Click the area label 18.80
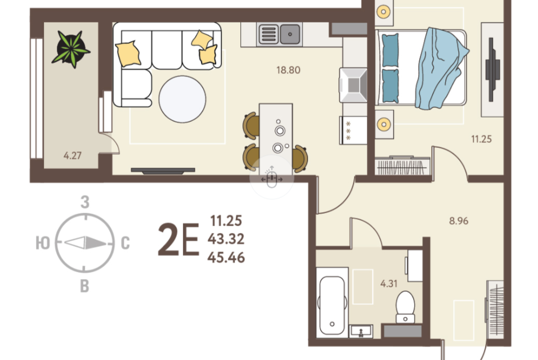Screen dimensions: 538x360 coord(288,70)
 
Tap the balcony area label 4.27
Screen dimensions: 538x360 coord(73,156)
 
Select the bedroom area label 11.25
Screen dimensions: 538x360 coord(481,139)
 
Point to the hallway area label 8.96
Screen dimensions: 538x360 coord(459,221)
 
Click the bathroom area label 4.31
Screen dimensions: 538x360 coord(389,283)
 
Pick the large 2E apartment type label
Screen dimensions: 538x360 coord(178,240)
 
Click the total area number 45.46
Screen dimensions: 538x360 coord(226,258)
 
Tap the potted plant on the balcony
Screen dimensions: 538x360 coord(71,49)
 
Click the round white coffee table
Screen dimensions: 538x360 coord(182,99)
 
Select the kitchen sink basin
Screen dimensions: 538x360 coord(290,34)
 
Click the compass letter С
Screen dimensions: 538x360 coord(125,244)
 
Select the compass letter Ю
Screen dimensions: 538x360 coord(43,243)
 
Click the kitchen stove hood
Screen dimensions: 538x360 coord(353,85)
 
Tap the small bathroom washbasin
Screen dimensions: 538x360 coord(361,331)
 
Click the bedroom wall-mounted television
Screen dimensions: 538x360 coord(492,70)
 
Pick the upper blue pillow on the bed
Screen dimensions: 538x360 coord(390,51)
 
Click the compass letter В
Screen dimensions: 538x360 coord(84,286)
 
